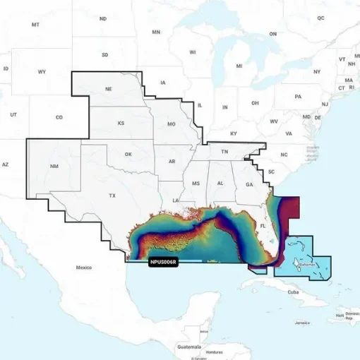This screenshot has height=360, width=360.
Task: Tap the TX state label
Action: pyautogui.click(x=112, y=195)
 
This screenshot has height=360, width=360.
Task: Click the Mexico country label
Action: pyautogui.click(x=84, y=268)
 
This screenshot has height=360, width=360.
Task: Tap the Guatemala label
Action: pyautogui.click(x=188, y=347)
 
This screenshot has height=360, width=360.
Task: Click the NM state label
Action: pyautogui.click(x=55, y=167)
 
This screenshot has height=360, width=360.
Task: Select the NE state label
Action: pyautogui.click(x=109, y=90)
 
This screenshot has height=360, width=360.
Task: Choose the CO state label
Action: pyautogui.click(x=59, y=117)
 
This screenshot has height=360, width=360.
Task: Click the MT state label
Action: pyautogui.click(x=35, y=24)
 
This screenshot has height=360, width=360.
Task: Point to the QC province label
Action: pyautogui.click(x=320, y=18)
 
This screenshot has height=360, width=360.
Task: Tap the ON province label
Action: pyautogui.click(x=273, y=34)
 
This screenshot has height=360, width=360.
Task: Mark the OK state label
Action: pyautogui.click(x=128, y=154)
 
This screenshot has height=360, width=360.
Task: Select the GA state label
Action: pyautogui.click(x=249, y=184)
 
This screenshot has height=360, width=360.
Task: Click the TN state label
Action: pyautogui.click(x=224, y=152)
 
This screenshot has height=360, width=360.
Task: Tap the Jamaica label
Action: pyautogui.click(x=302, y=323)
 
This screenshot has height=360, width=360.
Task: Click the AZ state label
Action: pyautogui.click(x=5, y=164)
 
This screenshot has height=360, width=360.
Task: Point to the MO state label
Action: pyautogui.click(x=171, y=124)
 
